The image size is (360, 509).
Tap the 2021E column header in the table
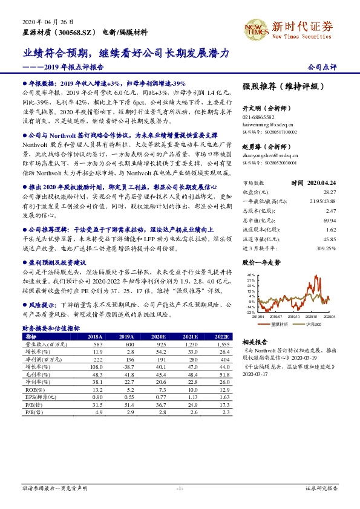191,336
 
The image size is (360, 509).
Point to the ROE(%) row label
33,390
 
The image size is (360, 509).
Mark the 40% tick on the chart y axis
249,276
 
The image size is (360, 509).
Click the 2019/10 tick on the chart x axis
293,316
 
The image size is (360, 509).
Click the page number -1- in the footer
180,487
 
